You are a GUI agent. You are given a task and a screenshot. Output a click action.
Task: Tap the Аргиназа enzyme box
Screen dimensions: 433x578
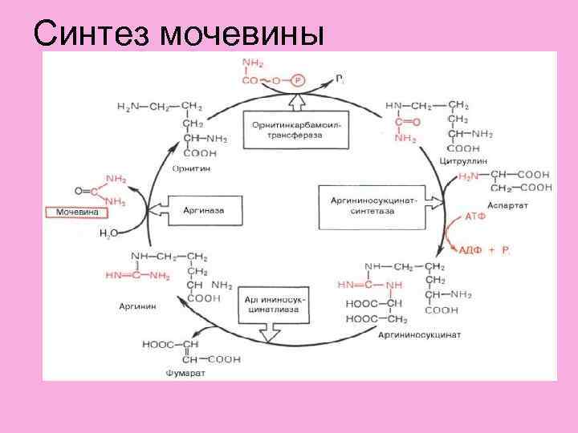[204, 210]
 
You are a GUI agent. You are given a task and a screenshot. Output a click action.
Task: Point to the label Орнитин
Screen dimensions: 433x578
[189, 168]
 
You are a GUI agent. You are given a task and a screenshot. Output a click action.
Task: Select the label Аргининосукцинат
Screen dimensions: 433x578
[418, 334]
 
